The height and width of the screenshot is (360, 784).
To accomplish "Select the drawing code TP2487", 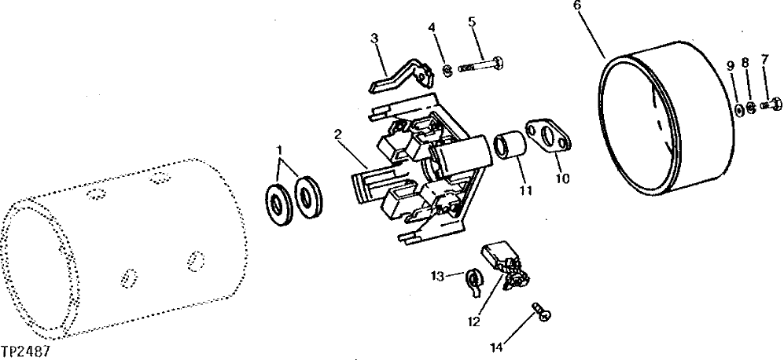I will tap(26, 351).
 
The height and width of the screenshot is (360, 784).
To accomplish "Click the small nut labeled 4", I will tap(445, 71).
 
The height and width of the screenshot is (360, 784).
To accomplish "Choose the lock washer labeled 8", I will tap(753, 107).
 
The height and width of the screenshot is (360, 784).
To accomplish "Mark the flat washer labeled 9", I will tap(739, 109).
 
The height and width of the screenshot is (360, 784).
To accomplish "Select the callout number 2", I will tap(337, 134).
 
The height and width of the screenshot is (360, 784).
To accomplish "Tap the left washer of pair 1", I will tap(277, 205).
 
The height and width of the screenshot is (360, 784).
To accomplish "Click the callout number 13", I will tap(438, 275).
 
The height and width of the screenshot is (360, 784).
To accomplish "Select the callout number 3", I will tap(375, 37).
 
